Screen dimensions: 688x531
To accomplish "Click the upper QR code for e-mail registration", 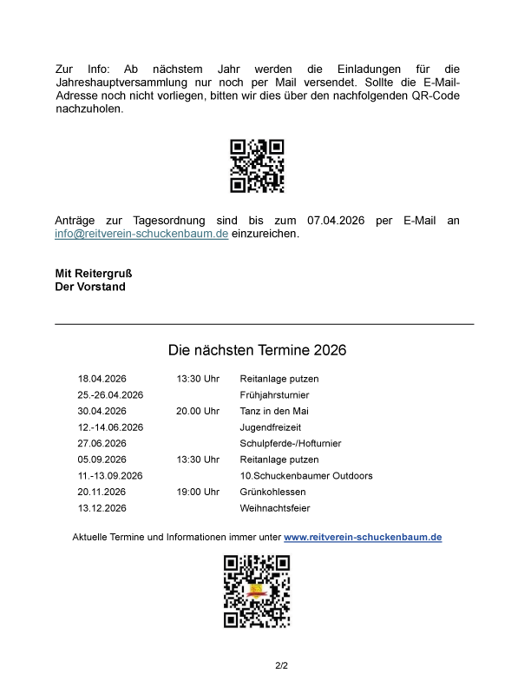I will tap(257, 166).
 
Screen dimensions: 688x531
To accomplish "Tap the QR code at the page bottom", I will tap(257, 592).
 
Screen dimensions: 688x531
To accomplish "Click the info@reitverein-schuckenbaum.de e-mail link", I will tap(141, 235).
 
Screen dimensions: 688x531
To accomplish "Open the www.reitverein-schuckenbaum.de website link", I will tap(363, 538).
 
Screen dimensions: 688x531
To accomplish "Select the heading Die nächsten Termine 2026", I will tap(257, 350).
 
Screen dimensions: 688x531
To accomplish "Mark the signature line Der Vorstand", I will tap(90, 287).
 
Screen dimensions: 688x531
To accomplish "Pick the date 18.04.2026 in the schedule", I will tap(102, 379).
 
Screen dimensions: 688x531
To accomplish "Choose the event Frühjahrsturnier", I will tap(274, 395).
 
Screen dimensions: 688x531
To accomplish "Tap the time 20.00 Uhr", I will tap(198, 411).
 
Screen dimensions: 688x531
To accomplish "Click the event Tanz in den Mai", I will tap(274, 411).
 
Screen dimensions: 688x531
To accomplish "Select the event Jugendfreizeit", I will tap(271, 427).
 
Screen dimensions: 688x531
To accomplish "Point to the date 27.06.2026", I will tap(102, 444).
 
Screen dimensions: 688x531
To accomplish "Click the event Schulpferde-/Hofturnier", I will tap(291, 444).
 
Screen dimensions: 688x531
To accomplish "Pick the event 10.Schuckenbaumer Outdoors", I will tap(306, 476).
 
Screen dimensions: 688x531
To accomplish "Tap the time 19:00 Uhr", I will tap(198, 492).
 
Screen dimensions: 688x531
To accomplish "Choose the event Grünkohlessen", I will tap(272, 492).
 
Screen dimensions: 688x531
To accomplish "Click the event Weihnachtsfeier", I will tap(275, 508).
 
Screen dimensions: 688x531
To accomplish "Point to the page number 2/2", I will tap(281, 666).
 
